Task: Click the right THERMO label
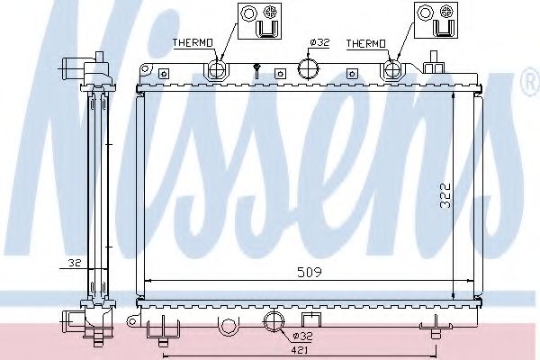click(365, 42)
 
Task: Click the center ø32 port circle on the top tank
click(308, 70)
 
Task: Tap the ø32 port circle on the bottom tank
click(273, 321)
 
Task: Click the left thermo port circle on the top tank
click(217, 70)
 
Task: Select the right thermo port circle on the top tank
click(394, 70)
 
